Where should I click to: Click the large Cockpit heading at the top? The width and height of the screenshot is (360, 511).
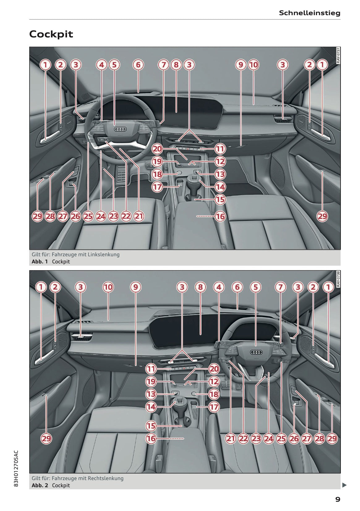pos(51,34)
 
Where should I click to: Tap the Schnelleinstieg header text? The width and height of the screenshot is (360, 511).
pos(310,13)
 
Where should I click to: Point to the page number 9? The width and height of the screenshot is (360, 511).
pos(338,499)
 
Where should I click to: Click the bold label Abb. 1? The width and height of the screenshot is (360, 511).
pos(40,262)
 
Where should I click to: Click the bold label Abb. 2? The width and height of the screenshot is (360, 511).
pos(40,485)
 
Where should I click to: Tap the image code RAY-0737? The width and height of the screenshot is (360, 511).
pos(338,55)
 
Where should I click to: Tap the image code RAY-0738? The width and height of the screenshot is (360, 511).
pos(338,279)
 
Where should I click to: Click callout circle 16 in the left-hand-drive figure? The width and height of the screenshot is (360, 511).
pos(220,216)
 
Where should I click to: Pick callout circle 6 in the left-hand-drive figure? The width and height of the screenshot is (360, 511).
pos(138,65)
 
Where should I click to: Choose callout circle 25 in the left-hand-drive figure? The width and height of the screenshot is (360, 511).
pos(88,216)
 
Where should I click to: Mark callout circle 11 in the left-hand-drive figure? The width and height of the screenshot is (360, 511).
pos(220,149)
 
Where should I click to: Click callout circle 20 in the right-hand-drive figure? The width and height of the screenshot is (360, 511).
pos(214,369)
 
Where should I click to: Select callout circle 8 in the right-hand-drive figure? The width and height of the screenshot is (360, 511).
pos(201,287)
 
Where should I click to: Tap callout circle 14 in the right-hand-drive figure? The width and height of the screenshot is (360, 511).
pos(151,407)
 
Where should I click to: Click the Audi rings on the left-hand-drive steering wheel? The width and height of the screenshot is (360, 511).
pos(121,129)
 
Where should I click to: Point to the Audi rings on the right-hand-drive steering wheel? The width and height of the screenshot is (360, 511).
pos(256,352)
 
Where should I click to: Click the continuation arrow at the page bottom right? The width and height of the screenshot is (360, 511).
pos(344,485)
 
